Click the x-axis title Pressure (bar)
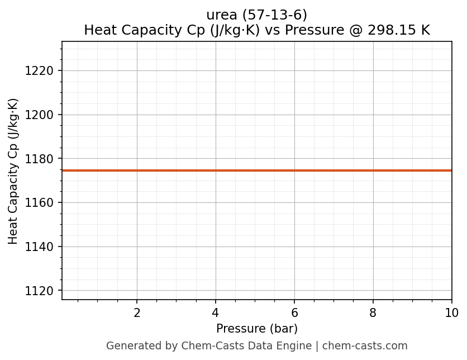(257, 329)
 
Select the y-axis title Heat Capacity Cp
(13, 170)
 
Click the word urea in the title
(222, 15)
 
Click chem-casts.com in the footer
(365, 346)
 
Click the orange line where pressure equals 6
(294, 170)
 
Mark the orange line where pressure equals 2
(137, 170)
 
